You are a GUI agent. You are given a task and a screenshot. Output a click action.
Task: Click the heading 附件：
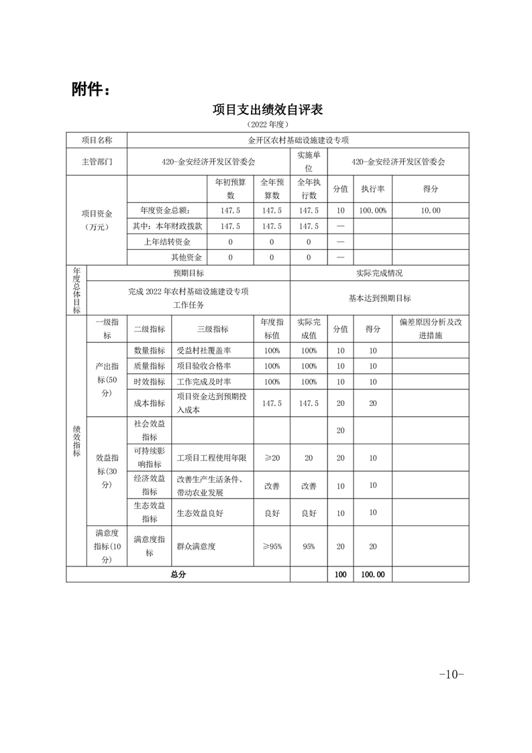(x=89, y=89)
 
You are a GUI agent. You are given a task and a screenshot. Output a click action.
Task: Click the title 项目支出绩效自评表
(x=268, y=109)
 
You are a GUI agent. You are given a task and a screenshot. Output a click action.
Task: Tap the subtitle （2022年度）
(x=267, y=125)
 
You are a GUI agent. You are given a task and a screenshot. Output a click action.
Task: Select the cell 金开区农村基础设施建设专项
(x=299, y=141)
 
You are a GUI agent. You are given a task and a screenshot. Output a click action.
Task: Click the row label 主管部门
(x=97, y=162)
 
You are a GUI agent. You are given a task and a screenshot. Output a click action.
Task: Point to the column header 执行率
(x=372, y=189)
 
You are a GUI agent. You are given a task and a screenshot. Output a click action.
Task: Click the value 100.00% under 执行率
(x=372, y=210)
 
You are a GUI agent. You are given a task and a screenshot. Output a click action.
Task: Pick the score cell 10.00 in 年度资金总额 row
(x=430, y=210)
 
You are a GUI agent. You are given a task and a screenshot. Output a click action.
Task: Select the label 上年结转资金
(x=168, y=242)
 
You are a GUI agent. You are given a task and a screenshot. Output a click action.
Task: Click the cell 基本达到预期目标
(x=380, y=298)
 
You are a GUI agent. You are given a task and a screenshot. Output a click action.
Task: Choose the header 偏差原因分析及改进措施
(x=430, y=328)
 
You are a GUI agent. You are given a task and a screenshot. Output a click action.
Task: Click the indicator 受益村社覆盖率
(x=204, y=350)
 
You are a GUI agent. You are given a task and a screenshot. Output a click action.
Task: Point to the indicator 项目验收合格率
(x=204, y=366)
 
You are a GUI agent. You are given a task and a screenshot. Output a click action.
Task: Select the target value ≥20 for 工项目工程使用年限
(x=272, y=458)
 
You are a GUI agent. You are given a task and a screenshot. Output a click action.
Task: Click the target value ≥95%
(x=272, y=546)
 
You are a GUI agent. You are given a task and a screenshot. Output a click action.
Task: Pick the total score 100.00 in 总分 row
(x=372, y=575)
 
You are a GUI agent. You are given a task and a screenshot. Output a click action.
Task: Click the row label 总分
(x=178, y=575)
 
